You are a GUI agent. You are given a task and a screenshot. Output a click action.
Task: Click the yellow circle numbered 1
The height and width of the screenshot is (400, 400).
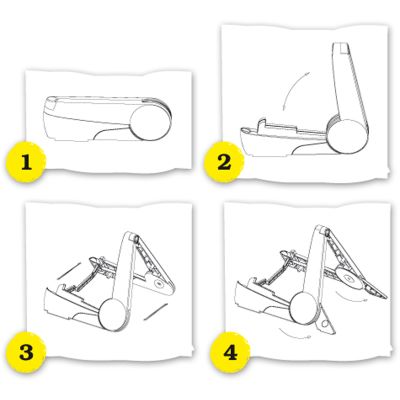26,163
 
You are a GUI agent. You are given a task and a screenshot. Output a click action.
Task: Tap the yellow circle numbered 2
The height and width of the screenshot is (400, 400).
224,163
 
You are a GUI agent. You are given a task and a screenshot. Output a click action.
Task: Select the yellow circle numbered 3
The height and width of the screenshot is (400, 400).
26,352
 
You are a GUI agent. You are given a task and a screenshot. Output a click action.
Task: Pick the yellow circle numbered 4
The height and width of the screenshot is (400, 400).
230,352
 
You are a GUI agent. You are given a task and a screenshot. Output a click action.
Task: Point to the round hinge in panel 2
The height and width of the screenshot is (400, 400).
347,135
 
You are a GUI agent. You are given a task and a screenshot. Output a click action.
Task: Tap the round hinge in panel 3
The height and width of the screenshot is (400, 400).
113,314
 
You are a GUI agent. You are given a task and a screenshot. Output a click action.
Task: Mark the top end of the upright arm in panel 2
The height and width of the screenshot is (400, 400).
340,44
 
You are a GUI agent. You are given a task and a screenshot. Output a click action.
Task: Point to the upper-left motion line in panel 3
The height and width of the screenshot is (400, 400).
68,271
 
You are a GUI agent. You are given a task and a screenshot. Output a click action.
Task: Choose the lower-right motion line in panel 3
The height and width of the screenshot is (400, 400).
155,312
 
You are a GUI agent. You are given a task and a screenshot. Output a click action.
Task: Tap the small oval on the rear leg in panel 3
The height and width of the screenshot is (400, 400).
159,283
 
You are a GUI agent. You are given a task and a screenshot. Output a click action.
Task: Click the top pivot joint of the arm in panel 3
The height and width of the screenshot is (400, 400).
136,238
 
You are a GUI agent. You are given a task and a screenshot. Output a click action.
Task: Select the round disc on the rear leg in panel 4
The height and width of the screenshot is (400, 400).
347,277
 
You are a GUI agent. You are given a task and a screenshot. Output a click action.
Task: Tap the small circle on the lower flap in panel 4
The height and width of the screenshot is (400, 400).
323,324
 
